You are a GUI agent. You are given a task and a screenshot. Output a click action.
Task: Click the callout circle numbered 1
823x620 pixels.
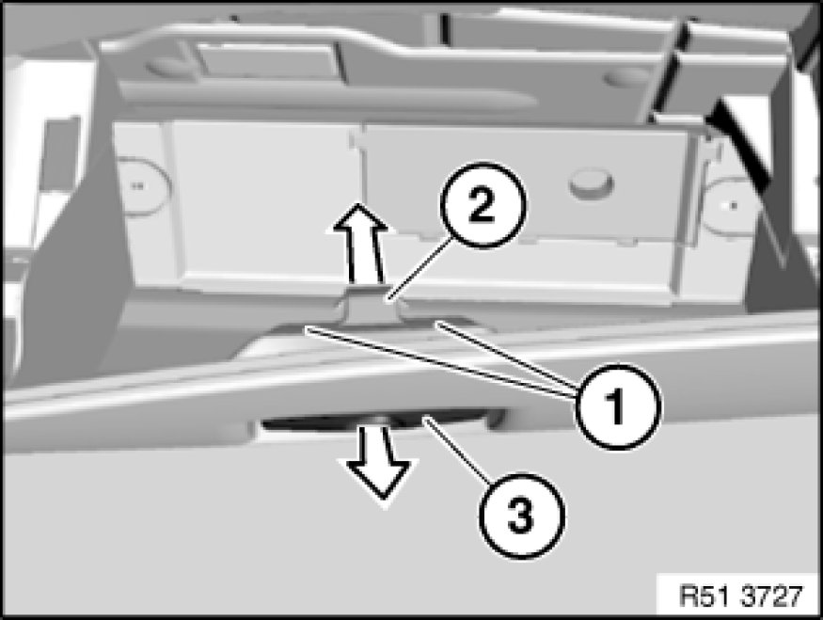coord(618,406)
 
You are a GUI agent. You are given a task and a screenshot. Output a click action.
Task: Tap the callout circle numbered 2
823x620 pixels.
coord(482,206)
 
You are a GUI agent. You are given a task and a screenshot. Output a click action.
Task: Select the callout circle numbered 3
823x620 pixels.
coord(521,515)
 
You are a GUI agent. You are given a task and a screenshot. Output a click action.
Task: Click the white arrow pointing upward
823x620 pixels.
coord(360,243)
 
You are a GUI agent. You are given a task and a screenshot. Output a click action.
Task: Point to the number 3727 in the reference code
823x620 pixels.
coord(770,595)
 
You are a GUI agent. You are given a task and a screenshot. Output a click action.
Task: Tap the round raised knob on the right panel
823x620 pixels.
coord(591,183)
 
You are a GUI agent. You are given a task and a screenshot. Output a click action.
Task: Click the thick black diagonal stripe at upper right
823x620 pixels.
coord(743,143)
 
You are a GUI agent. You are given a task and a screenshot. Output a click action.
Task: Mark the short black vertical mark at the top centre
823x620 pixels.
coord(445,28)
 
